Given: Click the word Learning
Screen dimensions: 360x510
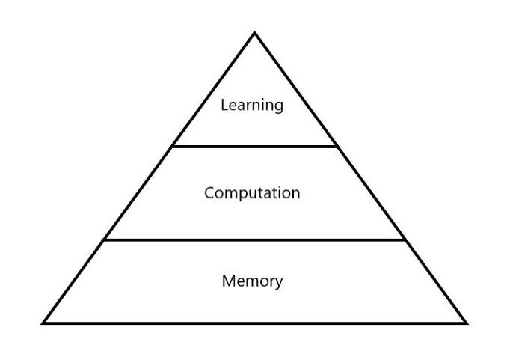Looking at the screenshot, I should [x=252, y=105].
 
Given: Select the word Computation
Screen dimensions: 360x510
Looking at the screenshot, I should [x=252, y=193].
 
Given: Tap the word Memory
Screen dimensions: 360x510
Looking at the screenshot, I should [x=252, y=281].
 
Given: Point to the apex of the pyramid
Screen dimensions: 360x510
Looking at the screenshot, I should [x=254, y=33].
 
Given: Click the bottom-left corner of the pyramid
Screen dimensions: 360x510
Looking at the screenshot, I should [x=43, y=323].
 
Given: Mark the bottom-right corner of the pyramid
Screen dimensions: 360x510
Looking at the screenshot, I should [x=466, y=323].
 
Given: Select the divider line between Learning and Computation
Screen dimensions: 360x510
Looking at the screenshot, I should [x=254, y=147].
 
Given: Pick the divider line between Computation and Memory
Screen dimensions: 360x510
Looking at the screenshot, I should [x=254, y=240].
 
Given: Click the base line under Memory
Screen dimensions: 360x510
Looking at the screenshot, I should [x=254, y=323].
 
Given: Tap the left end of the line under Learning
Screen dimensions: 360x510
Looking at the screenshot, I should [x=173, y=147].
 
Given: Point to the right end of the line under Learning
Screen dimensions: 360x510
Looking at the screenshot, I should [x=337, y=147].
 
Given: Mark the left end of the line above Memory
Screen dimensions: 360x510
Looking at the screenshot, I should [x=104, y=240].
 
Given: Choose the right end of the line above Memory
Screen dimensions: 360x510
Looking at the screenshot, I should [x=405, y=240].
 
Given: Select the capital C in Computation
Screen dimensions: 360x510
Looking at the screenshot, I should [x=209, y=193].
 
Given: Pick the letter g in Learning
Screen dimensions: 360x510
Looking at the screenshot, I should [x=279, y=107].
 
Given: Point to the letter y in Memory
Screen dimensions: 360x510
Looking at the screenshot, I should [x=279, y=284].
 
